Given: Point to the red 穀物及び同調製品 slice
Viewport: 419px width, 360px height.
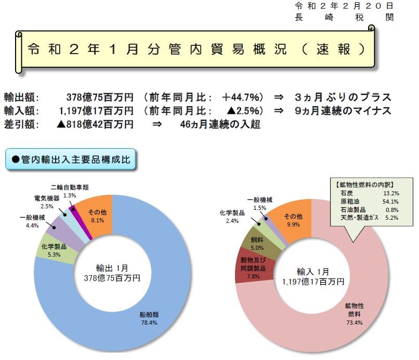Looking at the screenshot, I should pyautogui.click(x=252, y=268).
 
